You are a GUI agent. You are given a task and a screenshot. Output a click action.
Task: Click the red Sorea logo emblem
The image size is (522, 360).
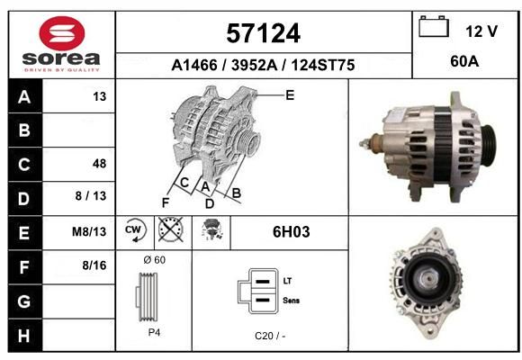tap(62, 33)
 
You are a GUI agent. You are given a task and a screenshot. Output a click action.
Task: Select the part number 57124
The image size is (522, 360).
tap(264, 33)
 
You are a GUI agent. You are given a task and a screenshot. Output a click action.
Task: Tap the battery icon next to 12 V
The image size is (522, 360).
tap(434, 26)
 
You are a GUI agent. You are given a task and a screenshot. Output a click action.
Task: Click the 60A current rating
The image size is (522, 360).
tap(464, 61)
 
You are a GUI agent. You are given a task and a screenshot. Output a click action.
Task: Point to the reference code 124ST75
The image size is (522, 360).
tap(323, 65)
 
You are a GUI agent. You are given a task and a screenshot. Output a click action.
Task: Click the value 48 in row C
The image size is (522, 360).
tap(100, 164)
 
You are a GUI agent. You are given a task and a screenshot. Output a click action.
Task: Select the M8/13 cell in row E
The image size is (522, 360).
tap(89, 231)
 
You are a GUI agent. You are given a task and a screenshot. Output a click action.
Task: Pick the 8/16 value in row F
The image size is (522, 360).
tap(94, 265)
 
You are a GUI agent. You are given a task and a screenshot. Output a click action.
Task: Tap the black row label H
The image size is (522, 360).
tap(25, 336)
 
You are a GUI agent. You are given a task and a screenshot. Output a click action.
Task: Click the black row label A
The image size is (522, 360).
tap(25, 96)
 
